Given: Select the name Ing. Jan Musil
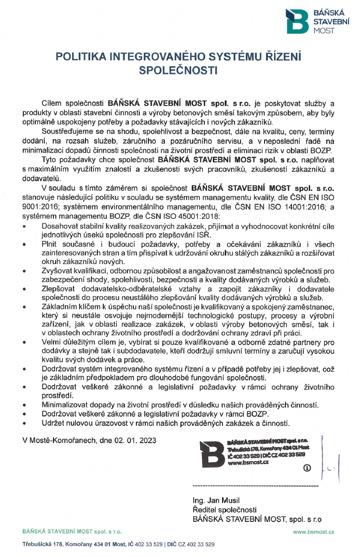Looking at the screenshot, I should coord(213,500).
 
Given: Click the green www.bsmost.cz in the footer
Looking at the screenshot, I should coord(313,532).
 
